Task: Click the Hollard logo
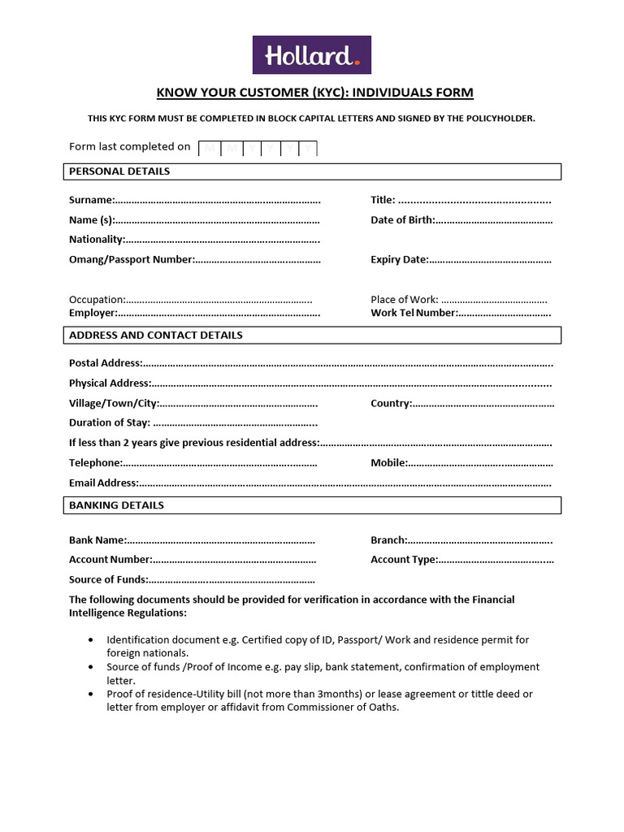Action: click(x=311, y=54)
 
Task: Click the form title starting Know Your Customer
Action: click(x=314, y=93)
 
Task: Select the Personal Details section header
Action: click(x=119, y=171)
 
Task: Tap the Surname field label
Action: click(x=91, y=200)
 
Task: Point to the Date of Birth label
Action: click(x=402, y=220)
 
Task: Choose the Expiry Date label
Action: click(x=399, y=260)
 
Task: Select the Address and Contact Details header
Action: click(x=156, y=335)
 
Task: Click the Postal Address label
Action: click(x=106, y=363)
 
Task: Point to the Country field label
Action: click(x=391, y=403)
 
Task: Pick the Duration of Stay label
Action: click(x=110, y=422)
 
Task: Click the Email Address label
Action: click(x=103, y=483)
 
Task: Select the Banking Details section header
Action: click(x=116, y=505)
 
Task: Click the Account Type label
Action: click(x=404, y=560)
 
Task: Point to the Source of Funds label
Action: click(x=108, y=579)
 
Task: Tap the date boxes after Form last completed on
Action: click(x=258, y=148)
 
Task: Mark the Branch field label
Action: click(x=388, y=540)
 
